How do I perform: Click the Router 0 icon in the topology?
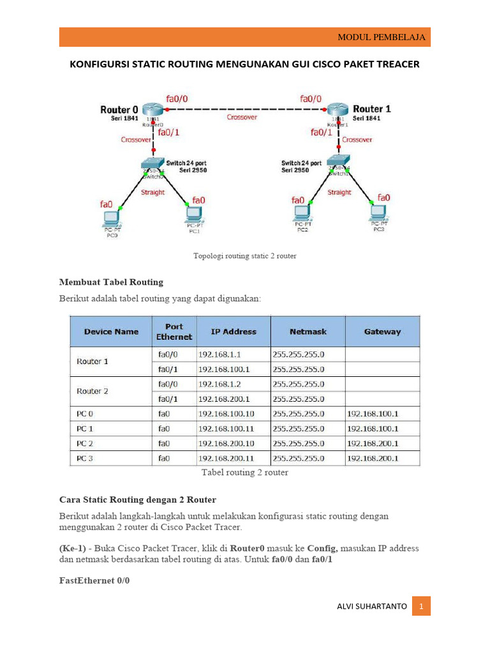click(x=153, y=110)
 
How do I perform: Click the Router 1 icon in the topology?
click(x=336, y=110)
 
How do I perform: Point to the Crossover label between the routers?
click(x=242, y=118)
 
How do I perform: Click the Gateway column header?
click(x=382, y=331)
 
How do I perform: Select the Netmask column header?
click(x=308, y=331)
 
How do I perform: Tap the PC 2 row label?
click(x=85, y=443)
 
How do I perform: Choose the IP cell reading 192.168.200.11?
click(x=226, y=458)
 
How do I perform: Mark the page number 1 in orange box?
click(x=421, y=606)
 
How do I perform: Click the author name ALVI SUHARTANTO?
click(x=371, y=606)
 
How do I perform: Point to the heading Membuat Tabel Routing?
click(x=111, y=281)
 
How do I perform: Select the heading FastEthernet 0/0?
click(x=94, y=581)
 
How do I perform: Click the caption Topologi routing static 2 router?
click(x=245, y=256)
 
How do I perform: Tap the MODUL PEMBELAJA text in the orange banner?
click(x=381, y=38)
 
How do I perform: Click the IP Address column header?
click(x=234, y=331)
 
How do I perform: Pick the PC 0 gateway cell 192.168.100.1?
click(x=373, y=414)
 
